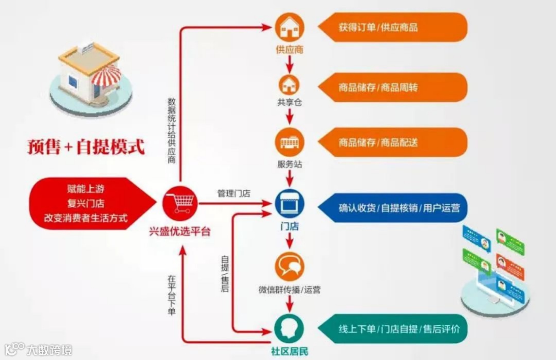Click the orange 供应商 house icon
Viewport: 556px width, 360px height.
click(x=289, y=28)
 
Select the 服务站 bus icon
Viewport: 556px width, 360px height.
click(x=289, y=142)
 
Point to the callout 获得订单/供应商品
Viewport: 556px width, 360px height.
click(x=378, y=28)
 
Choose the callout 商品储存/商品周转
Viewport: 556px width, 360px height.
click(x=378, y=88)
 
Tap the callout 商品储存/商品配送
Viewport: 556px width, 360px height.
click(x=378, y=143)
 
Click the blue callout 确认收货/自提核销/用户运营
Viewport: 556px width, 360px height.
click(x=399, y=209)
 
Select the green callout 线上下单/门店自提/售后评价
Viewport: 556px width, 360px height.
click(x=399, y=329)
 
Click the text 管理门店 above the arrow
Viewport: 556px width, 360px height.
click(x=233, y=194)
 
